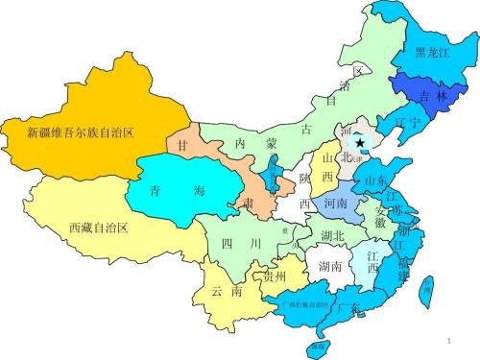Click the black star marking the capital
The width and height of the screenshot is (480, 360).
click(x=361, y=141)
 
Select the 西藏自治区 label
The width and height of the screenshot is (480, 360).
click(x=99, y=228)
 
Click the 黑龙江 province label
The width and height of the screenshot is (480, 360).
click(x=433, y=53)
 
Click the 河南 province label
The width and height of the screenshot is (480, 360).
click(x=336, y=204)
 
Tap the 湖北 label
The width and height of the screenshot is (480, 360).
click(x=333, y=235)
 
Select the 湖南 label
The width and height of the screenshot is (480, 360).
click(x=330, y=267)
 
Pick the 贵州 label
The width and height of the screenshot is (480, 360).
click(x=274, y=276)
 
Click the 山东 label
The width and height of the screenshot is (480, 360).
click(x=376, y=180)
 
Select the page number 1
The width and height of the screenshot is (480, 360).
click(x=450, y=341)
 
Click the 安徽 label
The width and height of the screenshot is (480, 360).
click(x=382, y=215)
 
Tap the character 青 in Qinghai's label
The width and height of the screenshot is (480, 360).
click(x=158, y=191)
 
